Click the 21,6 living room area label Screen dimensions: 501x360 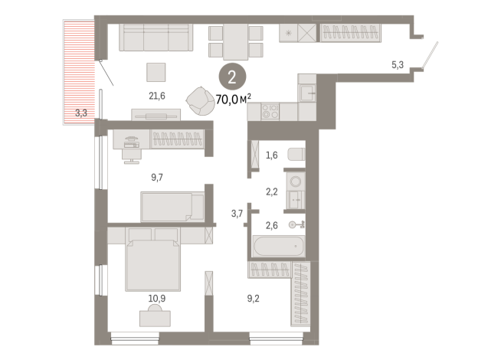(157, 96)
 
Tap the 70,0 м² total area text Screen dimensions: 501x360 (233, 100)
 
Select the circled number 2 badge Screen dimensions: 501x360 (232, 77)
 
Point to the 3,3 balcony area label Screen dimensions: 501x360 (81, 113)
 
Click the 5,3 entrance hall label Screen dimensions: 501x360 (398, 65)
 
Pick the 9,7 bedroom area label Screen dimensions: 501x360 (157, 177)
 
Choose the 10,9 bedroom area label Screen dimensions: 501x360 (157, 299)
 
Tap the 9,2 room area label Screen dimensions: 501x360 (253, 299)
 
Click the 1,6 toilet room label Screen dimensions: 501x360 (272, 155)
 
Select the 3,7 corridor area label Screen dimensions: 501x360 (237, 214)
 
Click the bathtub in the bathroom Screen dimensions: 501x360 (279, 246)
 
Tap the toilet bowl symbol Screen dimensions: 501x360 (296, 154)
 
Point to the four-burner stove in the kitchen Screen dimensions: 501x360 (270, 112)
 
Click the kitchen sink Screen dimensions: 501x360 (307, 93)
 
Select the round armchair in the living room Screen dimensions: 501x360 (201, 101)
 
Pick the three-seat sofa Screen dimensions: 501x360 (156, 38)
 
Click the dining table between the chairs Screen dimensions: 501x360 (235, 42)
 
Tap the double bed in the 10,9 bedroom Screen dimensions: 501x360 (153, 260)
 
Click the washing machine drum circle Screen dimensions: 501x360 (296, 182)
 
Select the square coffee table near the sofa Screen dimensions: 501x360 (156, 72)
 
